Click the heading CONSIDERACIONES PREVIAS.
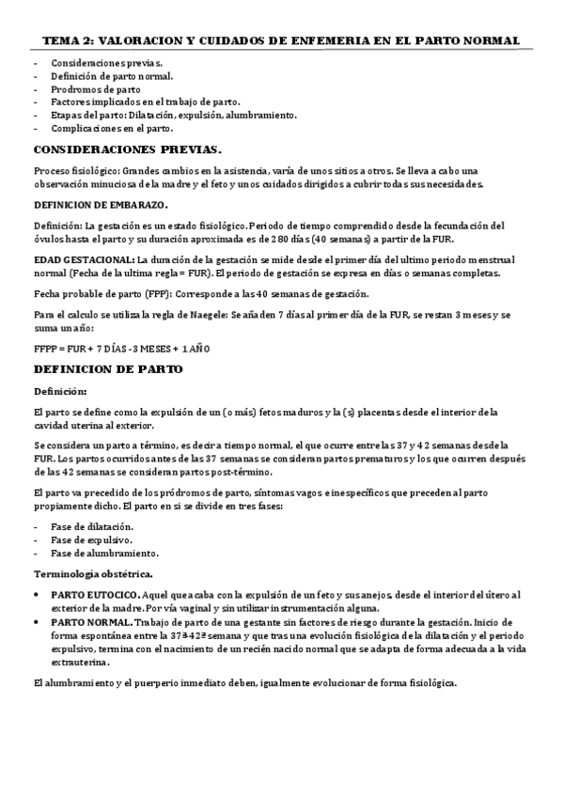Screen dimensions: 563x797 click(128, 149)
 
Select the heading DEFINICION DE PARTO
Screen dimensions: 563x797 click(108, 369)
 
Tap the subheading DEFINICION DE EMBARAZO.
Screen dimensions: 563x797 click(102, 204)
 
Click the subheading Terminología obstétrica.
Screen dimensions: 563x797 click(94, 572)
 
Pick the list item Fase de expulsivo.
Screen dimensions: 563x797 click(90, 539)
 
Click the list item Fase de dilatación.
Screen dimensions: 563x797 click(92, 526)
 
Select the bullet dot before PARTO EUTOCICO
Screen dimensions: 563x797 click(37, 595)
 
